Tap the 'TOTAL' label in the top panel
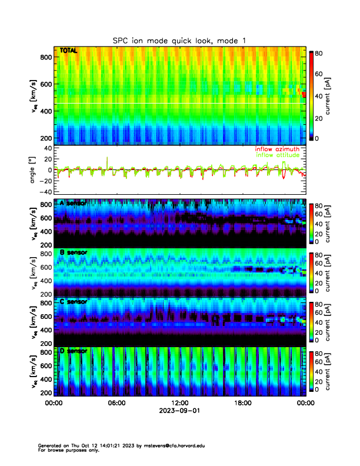pos(68,51)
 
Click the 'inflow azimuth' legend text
pos(277,149)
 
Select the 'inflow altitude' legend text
pos(277,155)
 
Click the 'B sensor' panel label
pos(74,252)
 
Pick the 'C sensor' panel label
pos(74,302)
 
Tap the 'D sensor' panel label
pos(74,351)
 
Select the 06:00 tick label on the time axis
pos(116,403)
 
